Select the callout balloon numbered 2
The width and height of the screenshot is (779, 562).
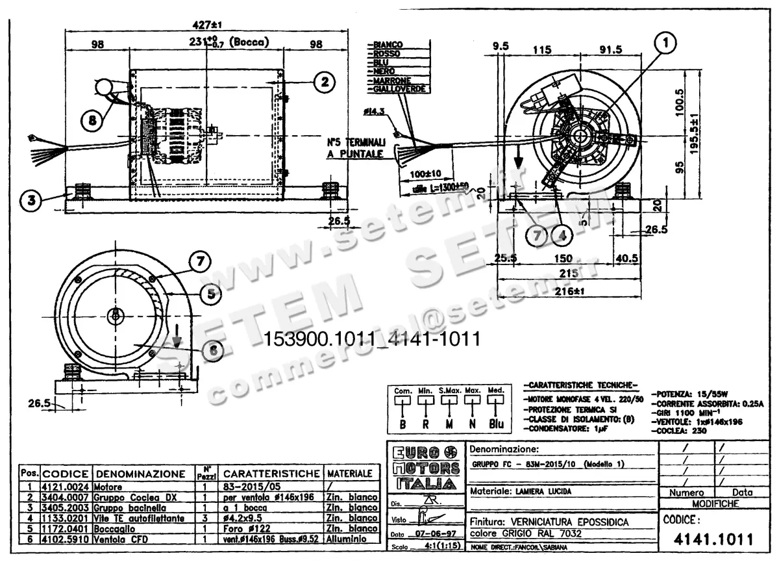pos(324,81)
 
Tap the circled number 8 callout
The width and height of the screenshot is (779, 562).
pos(93,120)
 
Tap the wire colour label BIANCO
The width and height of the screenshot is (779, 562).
pos(388,44)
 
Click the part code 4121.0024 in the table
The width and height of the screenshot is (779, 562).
pos(67,486)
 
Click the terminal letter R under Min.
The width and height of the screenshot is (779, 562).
pos(426,424)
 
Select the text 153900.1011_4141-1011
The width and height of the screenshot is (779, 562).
pos(371,339)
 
